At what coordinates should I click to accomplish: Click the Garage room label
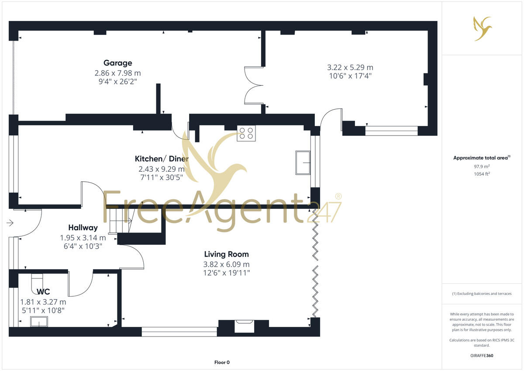pos(117,63)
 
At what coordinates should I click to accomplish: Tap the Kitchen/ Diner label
pos(162,159)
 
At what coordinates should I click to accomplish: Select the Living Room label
pos(227,254)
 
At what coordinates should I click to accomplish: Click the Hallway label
pos(83,228)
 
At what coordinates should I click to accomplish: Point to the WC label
pos(43,291)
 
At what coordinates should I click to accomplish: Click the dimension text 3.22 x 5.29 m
pos(350,67)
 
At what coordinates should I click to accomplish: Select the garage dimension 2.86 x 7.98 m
pos(118,73)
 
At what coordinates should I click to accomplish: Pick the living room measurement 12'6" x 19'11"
pos(227,273)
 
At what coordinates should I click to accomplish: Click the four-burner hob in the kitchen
pos(246,133)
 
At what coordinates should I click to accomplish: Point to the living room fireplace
pos(243,326)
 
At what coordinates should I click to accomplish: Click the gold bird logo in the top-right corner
pos(483,28)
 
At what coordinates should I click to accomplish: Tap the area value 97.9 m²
pos(482,166)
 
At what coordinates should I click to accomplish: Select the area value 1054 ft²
pos(482,174)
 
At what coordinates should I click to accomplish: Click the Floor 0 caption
pos(222,362)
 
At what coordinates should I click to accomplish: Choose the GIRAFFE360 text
pos(482,356)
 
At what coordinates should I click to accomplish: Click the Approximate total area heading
pos(482,158)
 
